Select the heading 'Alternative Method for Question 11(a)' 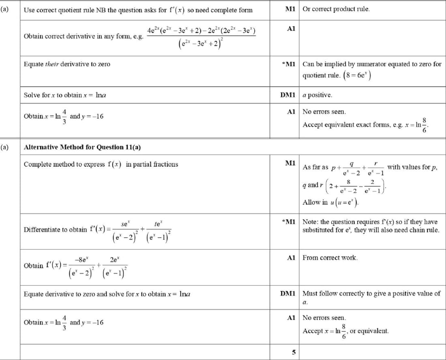coord(82,147)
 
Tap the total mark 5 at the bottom coord(294,352)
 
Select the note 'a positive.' coord(317,95)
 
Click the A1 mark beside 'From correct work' coord(291,258)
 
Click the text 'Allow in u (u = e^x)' coord(331,202)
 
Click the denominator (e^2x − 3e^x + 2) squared coord(201,44)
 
